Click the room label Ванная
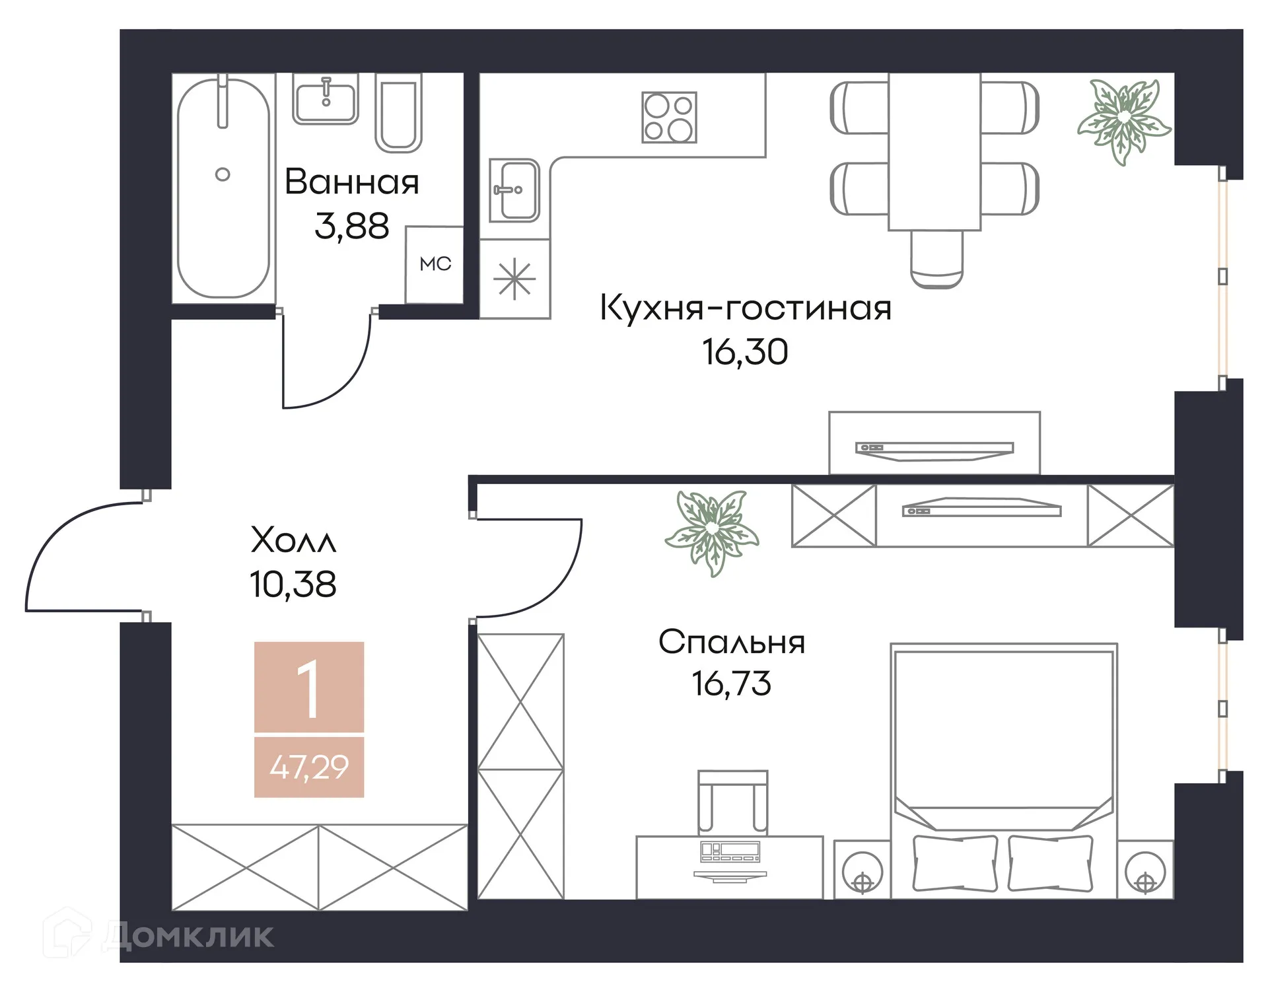pyautogui.click(x=351, y=182)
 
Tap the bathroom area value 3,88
pyautogui.click(x=351, y=226)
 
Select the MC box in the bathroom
pyautogui.click(x=435, y=264)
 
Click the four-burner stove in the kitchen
pyautogui.click(x=669, y=118)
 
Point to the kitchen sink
pyautogui.click(x=514, y=190)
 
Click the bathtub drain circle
pyautogui.click(x=223, y=174)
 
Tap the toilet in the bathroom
pyautogui.click(x=398, y=114)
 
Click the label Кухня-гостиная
pyautogui.click(x=745, y=308)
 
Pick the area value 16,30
pyautogui.click(x=745, y=351)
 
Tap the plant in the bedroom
pyautogui.click(x=711, y=532)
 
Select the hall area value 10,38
pyautogui.click(x=293, y=585)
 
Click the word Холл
pyautogui.click(x=293, y=540)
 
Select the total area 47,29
pyautogui.click(x=309, y=767)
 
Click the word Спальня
pyautogui.click(x=732, y=642)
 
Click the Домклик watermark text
pyautogui.click(x=188, y=936)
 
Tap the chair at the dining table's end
pyautogui.click(x=936, y=259)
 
